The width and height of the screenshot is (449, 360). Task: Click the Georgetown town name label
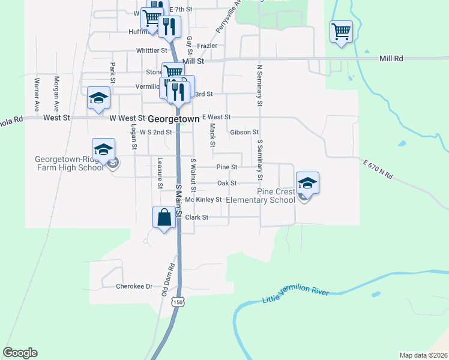point(173,119)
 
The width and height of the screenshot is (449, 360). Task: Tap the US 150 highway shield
point(177,302)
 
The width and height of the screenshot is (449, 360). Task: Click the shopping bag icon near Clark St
point(164,217)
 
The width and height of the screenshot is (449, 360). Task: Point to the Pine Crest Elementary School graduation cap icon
point(307,183)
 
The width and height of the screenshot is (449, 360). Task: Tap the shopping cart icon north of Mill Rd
point(341,31)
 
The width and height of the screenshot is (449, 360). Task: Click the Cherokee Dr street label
point(134,287)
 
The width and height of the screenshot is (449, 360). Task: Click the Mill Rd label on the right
point(391,59)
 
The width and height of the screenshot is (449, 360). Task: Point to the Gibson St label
point(244,132)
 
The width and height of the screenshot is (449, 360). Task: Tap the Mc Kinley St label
point(203,199)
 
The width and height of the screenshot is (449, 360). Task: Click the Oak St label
point(227,183)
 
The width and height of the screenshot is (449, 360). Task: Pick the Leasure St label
point(160,173)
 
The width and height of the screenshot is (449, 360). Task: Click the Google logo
point(20,353)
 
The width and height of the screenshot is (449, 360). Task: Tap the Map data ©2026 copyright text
point(423,355)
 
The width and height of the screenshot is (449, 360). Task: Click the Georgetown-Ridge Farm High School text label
point(70,163)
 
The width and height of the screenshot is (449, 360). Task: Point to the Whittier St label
point(152,50)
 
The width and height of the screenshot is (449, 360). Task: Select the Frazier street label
point(206,45)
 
